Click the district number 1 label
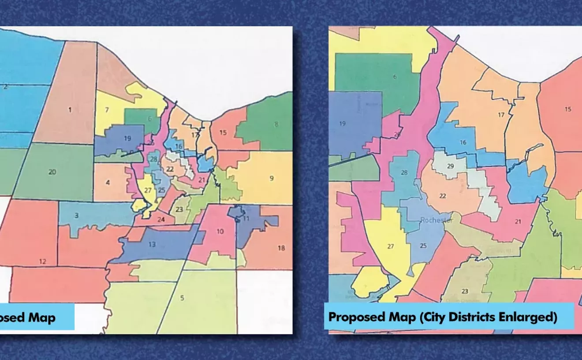(70, 109)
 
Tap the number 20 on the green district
(52, 172)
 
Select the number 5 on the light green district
(182, 298)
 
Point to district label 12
(42, 262)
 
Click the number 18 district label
(281, 248)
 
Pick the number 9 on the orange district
(272, 178)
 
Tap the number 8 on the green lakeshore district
(276, 124)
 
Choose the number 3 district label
(76, 216)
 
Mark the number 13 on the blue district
(152, 244)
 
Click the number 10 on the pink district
(220, 232)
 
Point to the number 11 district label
(246, 218)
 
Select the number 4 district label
(108, 182)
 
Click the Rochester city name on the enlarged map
(436, 220)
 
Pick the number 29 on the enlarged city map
(450, 166)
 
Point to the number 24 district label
(161, 219)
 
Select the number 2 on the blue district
(5, 87)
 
